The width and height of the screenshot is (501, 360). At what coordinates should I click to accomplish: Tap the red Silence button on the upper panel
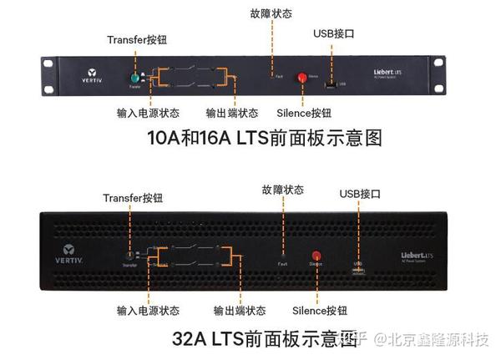[302, 75]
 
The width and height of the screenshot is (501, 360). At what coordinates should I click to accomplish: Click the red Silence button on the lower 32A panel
[316, 256]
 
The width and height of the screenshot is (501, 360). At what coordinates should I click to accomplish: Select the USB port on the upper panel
[331, 83]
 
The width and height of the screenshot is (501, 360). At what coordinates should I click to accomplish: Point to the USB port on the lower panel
[358, 269]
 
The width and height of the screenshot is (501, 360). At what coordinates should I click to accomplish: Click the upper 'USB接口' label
[333, 33]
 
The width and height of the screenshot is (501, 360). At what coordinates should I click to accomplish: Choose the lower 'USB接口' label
[360, 194]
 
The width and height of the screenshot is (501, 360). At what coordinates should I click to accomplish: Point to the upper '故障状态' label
[271, 13]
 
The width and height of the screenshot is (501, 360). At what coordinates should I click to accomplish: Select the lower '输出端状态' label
[240, 311]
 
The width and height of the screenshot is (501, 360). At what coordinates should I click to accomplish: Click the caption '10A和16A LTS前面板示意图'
[265, 139]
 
